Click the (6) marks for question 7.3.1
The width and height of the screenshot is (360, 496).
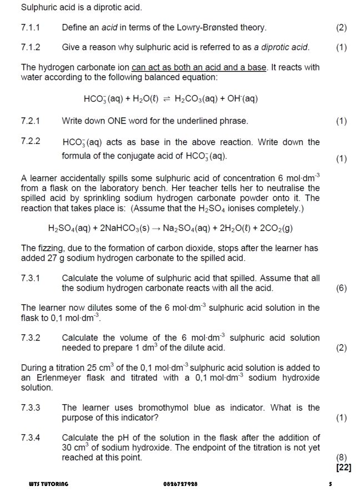341,288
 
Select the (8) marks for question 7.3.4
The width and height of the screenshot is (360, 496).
341,458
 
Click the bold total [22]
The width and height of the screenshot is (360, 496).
343,468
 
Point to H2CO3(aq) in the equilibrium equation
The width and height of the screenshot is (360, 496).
196,100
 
